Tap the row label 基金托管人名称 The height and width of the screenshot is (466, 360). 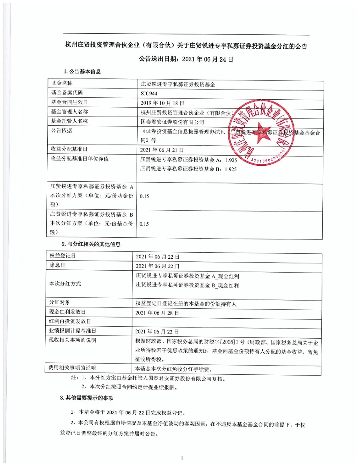(69, 121)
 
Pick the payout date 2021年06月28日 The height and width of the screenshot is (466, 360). (158, 312)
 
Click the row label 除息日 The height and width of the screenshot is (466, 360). (58, 265)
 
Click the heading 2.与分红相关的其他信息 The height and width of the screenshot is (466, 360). (91, 244)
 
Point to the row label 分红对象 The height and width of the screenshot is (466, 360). (60, 302)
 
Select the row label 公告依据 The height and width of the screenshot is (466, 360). (60, 131)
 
